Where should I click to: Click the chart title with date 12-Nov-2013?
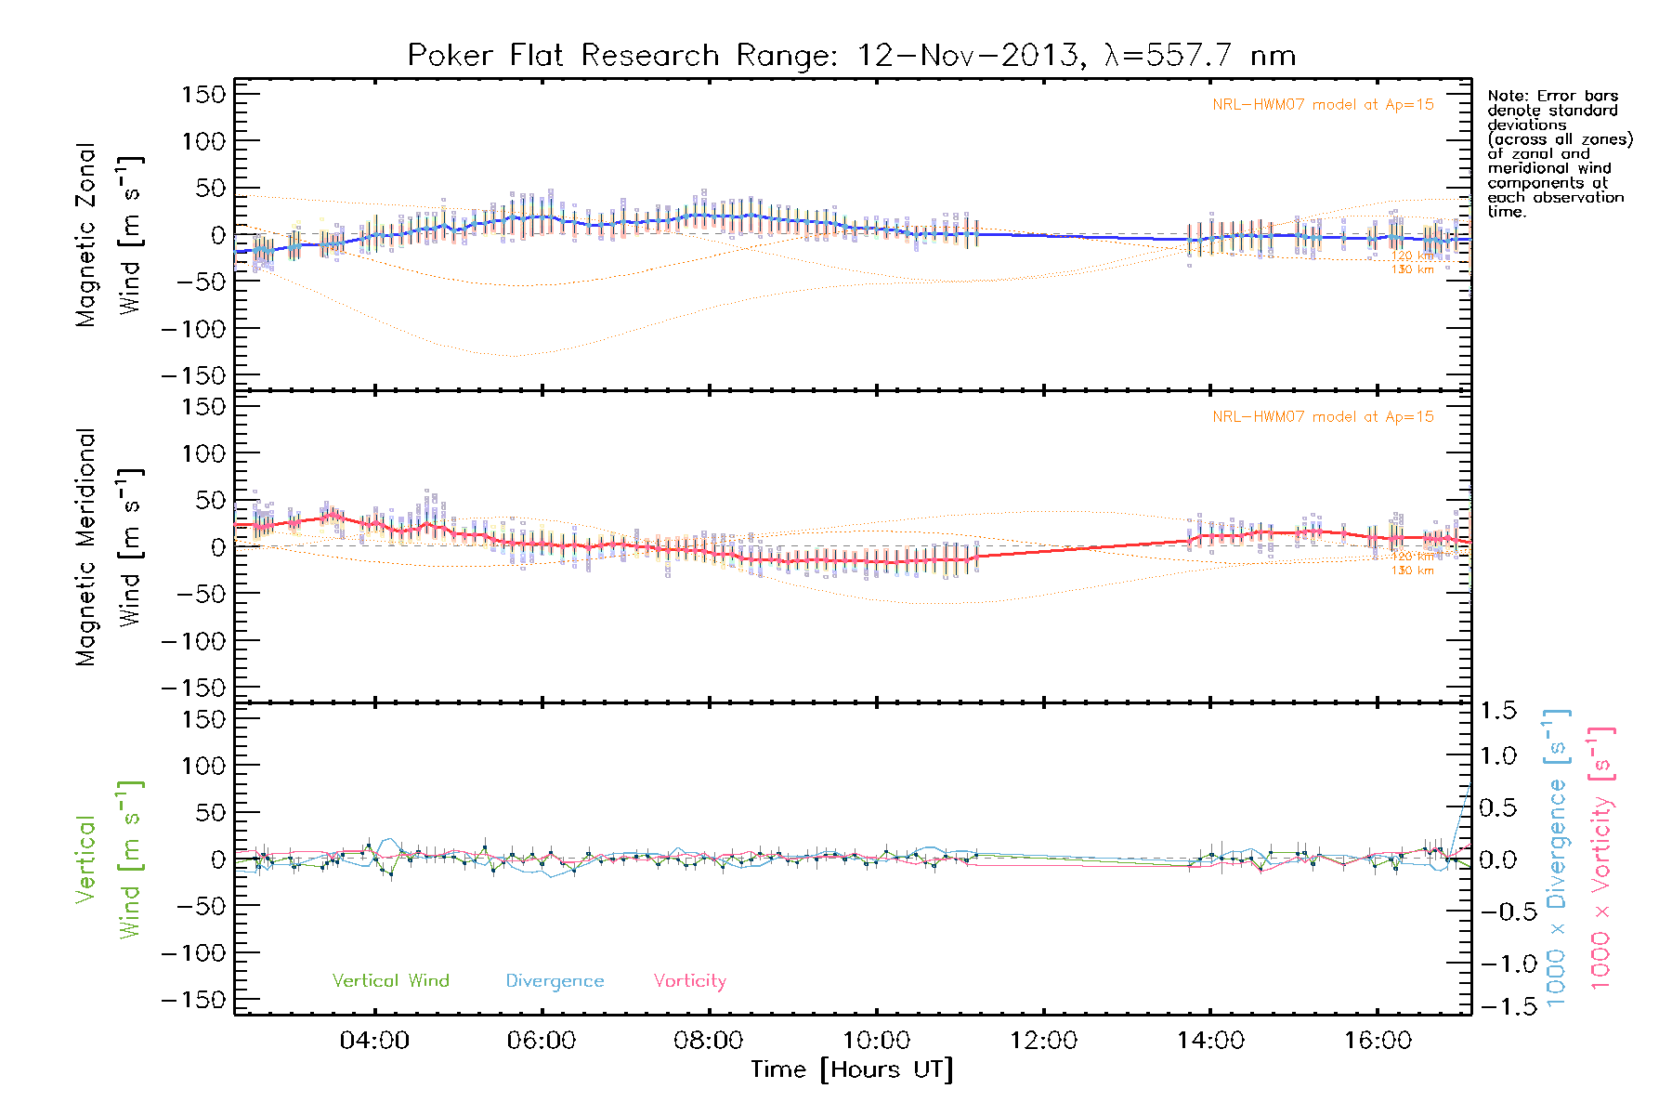click(851, 56)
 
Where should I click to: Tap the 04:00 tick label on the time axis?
click(374, 1041)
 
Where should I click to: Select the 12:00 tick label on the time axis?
click(1043, 1041)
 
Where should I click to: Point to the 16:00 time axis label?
click(1378, 1041)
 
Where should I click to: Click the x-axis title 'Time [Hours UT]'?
click(852, 1069)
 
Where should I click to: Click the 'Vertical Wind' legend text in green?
click(390, 981)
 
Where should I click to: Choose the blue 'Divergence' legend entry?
click(555, 981)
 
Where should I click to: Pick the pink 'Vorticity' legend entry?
click(689, 981)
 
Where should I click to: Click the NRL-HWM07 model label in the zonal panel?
click(1323, 105)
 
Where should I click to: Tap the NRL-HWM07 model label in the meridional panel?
click(1323, 417)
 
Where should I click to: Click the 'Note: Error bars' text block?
click(1559, 153)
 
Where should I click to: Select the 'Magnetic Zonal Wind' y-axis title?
click(109, 234)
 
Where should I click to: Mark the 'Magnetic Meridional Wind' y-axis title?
click(109, 547)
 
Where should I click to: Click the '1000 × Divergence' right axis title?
click(1557, 859)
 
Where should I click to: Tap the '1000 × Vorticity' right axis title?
click(1601, 859)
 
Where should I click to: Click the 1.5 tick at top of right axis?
click(1497, 711)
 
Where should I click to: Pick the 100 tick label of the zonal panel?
click(203, 141)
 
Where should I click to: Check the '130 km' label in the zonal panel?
click(1412, 269)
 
